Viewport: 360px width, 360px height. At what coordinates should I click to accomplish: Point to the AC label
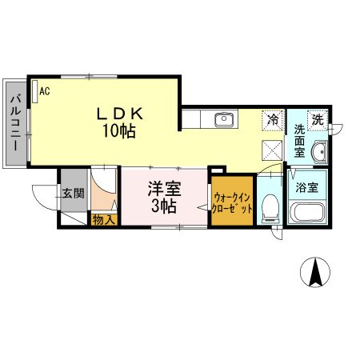coord(44,92)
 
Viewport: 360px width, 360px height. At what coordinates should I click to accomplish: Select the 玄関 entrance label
coord(72,193)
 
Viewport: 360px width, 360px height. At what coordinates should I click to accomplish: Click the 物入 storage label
coord(104,218)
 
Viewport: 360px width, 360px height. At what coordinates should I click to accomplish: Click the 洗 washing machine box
coord(318,120)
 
